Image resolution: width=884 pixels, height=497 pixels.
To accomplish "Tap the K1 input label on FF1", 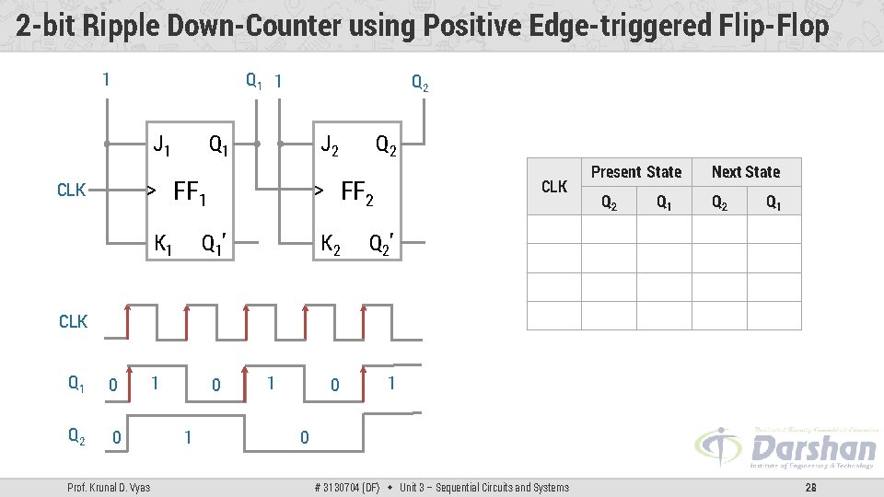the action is click(163, 244).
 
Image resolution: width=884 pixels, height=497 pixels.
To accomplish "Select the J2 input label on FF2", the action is click(329, 144).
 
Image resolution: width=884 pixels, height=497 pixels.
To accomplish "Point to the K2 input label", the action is click(330, 244).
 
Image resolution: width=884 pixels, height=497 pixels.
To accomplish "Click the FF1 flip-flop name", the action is click(190, 193).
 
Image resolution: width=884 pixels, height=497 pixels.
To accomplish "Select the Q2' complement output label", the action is click(381, 244).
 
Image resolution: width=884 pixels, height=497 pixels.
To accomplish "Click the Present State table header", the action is click(635, 172).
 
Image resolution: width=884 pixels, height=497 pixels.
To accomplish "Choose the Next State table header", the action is click(746, 172).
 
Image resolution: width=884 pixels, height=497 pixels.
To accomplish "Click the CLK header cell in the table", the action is click(554, 187).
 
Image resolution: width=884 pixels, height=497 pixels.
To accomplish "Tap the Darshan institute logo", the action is click(785, 448).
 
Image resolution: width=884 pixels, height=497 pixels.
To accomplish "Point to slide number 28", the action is click(810, 487).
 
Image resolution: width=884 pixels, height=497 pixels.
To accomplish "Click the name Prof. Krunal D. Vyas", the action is click(110, 487).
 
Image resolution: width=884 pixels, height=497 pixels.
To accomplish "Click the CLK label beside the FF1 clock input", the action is click(72, 191).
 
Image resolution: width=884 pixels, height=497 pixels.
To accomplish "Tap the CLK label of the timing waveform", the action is click(73, 321).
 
